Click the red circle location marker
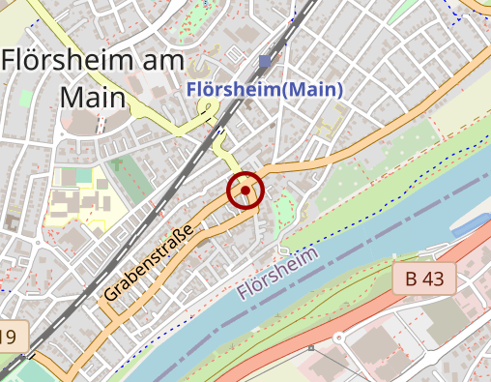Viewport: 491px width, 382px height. tap(245, 191)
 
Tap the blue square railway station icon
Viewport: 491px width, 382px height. tap(265, 62)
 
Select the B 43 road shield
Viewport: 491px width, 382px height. tap(424, 279)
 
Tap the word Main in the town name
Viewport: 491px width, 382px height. tap(93, 98)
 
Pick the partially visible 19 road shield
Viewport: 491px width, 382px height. tap(9, 337)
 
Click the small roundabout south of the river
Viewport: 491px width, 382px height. tap(339, 339)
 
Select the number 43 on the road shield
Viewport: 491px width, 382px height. tap(435, 279)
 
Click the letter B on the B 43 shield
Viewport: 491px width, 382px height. tap(412, 279)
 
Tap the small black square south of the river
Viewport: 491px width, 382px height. tap(311, 346)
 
